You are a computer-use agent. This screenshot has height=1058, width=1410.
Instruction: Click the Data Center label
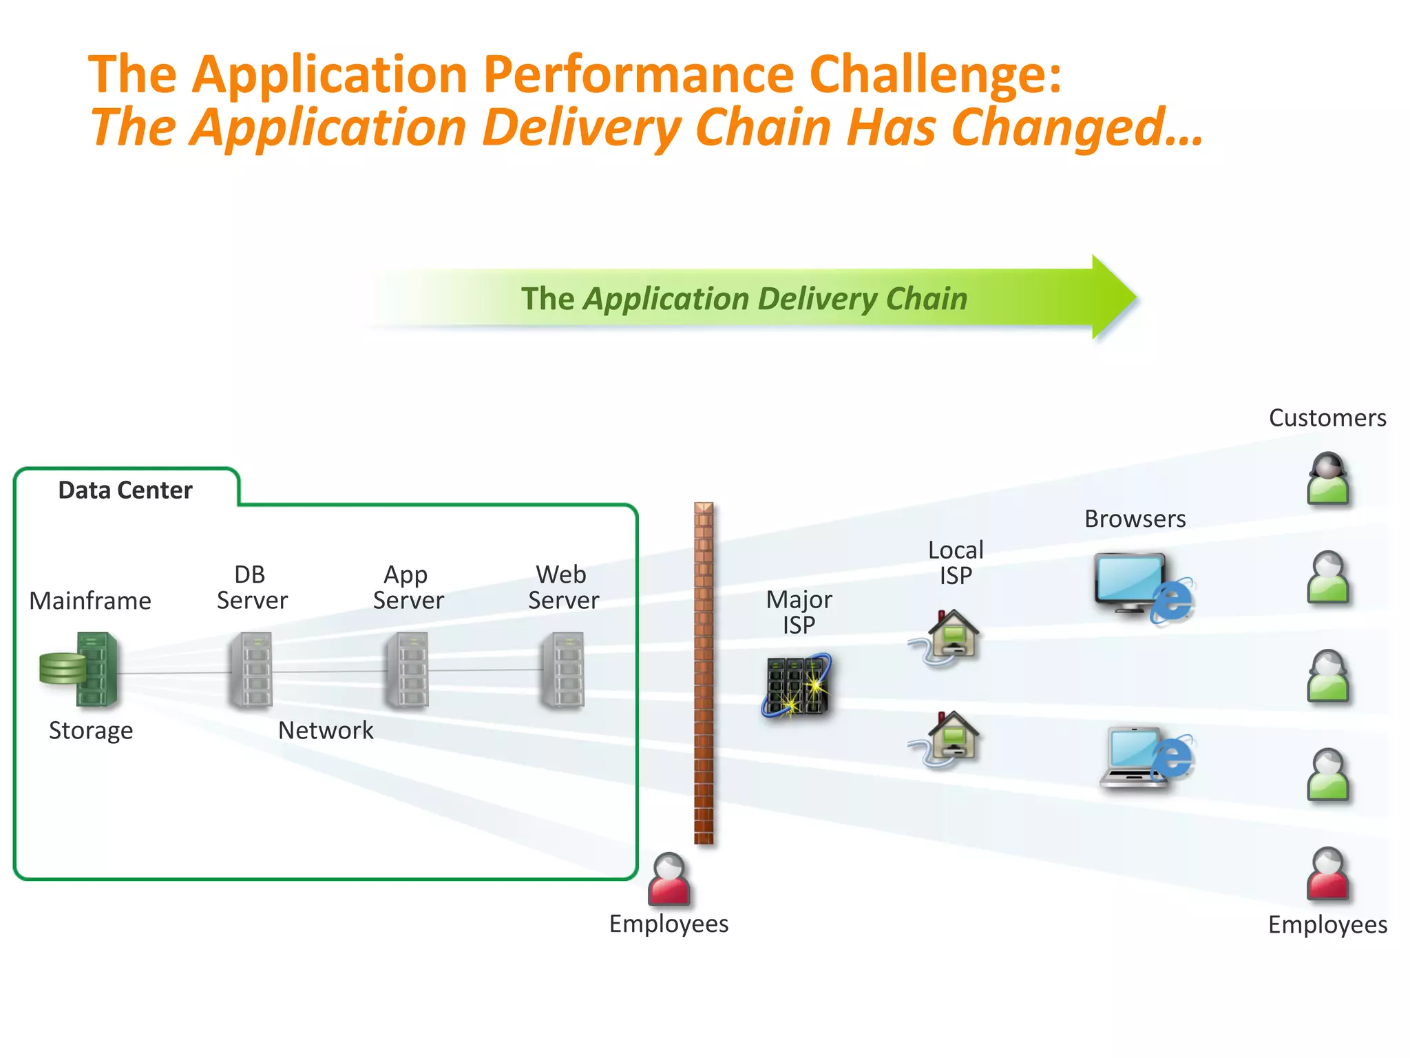(x=125, y=490)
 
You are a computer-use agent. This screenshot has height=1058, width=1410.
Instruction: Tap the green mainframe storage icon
(x=81, y=669)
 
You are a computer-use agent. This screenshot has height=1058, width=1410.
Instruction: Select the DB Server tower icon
(x=251, y=670)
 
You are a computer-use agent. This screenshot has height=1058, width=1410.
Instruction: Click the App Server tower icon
(x=407, y=670)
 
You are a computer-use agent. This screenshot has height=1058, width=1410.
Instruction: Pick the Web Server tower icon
(x=563, y=670)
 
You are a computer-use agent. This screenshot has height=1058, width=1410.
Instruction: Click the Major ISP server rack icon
(x=797, y=686)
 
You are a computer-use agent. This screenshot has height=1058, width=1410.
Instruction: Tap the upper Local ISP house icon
(x=949, y=637)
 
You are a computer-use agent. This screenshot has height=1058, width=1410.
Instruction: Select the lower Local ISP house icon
(x=949, y=738)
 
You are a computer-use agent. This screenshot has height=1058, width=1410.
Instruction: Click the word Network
(x=326, y=730)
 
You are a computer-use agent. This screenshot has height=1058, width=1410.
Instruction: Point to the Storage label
(x=91, y=730)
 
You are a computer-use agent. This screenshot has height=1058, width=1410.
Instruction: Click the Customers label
(x=1327, y=418)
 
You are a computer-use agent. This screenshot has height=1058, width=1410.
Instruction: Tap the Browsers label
(x=1135, y=519)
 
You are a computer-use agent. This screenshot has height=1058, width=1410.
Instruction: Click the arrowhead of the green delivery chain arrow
(x=1112, y=297)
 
